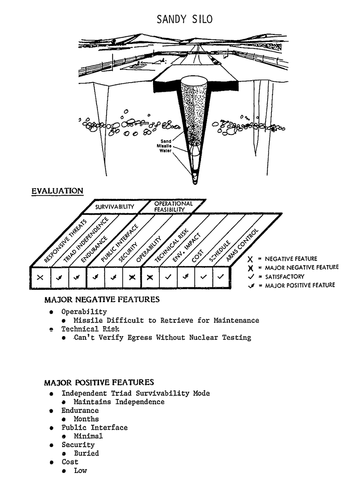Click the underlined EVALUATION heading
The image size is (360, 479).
point(58,190)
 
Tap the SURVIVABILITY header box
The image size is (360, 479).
point(114,207)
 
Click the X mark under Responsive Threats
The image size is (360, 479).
point(40,277)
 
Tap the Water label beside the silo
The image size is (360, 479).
point(166,151)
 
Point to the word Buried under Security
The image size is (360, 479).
point(86,453)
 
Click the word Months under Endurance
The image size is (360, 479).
point(86,419)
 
